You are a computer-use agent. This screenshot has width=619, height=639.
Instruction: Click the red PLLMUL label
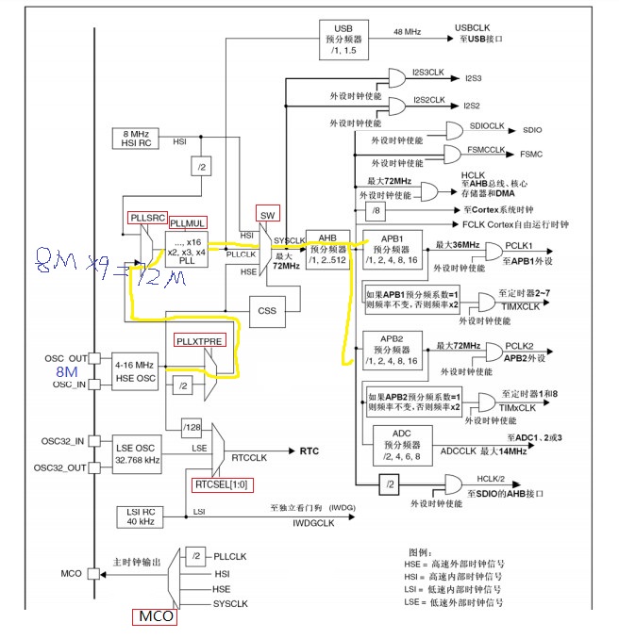188,222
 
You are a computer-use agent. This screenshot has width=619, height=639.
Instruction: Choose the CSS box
267,309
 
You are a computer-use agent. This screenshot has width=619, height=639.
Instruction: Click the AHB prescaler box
326,247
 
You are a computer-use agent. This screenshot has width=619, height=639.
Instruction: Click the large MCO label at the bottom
154,618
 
